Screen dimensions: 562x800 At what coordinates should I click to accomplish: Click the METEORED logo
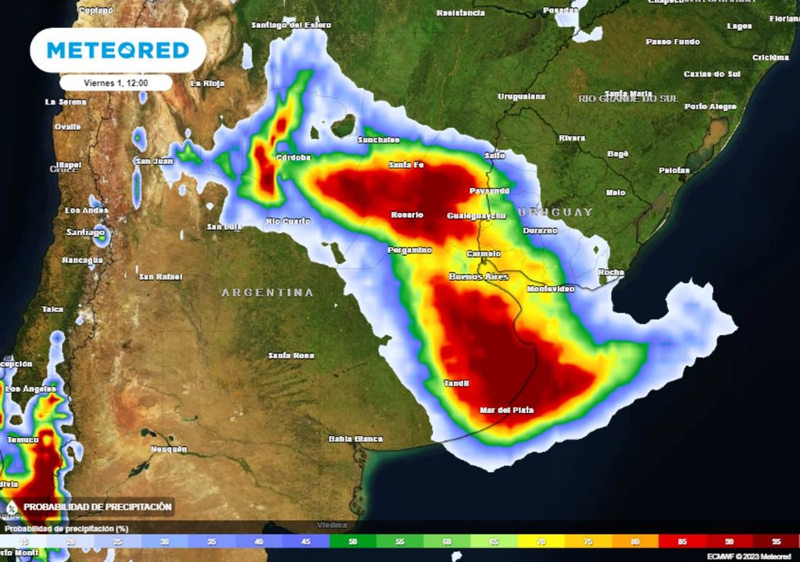click(118, 51)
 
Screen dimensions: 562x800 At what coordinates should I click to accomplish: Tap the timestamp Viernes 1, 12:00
click(116, 82)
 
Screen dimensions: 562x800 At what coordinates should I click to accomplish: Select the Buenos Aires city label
click(478, 277)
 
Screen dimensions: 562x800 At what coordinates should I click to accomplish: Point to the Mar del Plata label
click(506, 410)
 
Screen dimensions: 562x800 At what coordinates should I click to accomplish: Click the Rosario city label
click(407, 215)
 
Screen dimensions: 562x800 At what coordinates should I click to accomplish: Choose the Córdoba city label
click(294, 158)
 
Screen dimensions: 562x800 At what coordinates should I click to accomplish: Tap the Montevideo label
click(550, 289)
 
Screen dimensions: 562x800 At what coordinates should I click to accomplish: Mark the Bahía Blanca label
click(355, 439)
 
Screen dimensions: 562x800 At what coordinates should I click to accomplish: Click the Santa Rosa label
click(291, 356)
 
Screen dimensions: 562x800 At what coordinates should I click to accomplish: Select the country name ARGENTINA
click(267, 293)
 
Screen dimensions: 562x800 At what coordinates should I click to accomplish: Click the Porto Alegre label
click(710, 106)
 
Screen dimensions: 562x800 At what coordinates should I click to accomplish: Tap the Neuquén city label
click(169, 449)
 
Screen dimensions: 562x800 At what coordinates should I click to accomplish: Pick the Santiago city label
click(85, 232)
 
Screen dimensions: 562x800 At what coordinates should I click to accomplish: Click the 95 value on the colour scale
click(776, 540)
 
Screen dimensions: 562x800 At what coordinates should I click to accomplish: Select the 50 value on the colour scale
click(353, 540)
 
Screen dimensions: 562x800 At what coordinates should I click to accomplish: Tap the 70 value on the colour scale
click(541, 540)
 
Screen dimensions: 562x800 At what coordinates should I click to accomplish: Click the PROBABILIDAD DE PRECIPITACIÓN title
click(97, 507)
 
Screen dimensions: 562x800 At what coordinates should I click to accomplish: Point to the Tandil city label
click(456, 382)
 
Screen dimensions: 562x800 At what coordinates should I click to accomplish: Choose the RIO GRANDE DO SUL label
click(628, 98)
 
